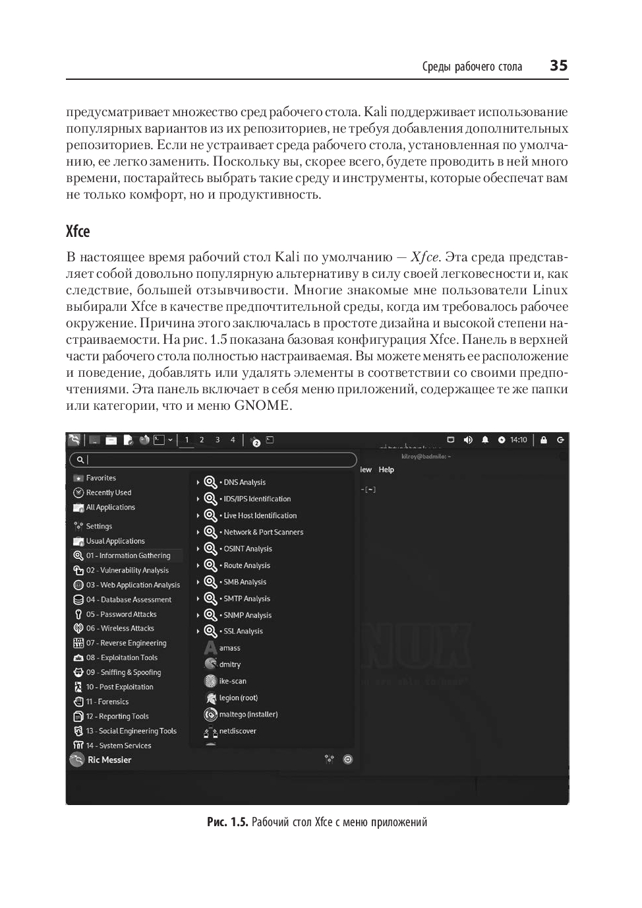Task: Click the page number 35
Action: (x=558, y=65)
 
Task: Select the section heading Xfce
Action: (x=78, y=232)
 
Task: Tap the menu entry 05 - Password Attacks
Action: (x=121, y=614)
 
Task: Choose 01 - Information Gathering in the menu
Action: (x=128, y=556)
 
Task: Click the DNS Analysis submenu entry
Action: (x=244, y=482)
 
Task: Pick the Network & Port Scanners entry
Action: (x=263, y=533)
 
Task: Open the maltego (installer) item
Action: (x=248, y=715)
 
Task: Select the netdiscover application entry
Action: (x=237, y=731)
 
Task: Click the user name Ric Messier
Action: (x=109, y=760)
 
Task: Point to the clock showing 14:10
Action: (x=518, y=440)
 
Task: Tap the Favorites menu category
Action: (x=101, y=478)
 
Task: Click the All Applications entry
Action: (x=110, y=507)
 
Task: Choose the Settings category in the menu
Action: (x=99, y=527)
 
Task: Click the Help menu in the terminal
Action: (x=386, y=470)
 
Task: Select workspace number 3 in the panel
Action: (x=217, y=440)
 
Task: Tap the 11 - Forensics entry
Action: (x=107, y=702)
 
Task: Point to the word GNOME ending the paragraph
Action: (x=262, y=406)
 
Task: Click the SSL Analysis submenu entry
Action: (x=243, y=632)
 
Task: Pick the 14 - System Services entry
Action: (x=119, y=746)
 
